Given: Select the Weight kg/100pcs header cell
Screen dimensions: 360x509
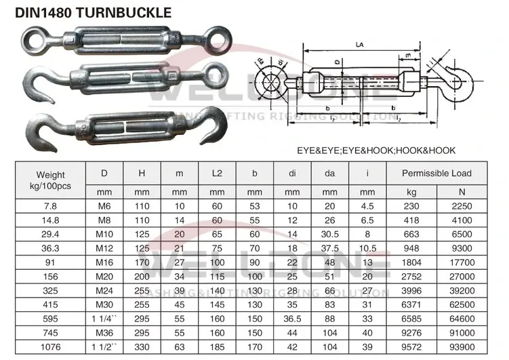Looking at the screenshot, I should tap(51, 179).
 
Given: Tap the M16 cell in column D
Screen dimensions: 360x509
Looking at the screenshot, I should tap(104, 262).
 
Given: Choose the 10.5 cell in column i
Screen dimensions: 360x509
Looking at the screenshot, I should tap(367, 247).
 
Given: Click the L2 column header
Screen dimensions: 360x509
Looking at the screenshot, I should tap(217, 173).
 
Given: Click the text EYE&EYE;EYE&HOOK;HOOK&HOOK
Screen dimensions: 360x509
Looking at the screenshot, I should tap(375, 150).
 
